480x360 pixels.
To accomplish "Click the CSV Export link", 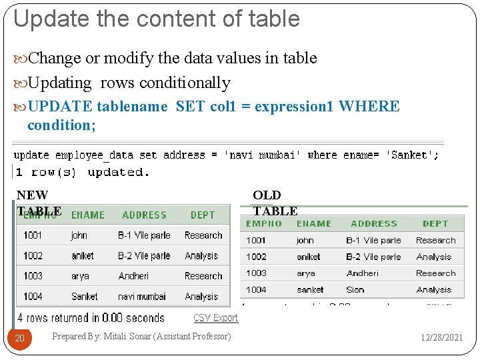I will [x=215, y=318].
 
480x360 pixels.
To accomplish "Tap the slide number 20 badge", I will [x=20, y=338].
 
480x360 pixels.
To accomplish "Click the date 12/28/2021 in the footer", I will [x=441, y=337].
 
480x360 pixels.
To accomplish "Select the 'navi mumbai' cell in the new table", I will [x=142, y=296].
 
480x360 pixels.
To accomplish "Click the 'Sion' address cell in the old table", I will [x=355, y=290].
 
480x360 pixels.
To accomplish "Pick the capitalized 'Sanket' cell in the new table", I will [x=84, y=296].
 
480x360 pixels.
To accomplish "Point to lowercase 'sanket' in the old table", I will [x=310, y=290].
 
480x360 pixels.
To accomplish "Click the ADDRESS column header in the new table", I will [x=144, y=215].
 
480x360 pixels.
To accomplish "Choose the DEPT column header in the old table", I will [x=435, y=224].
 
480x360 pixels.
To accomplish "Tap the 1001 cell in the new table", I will [x=33, y=235].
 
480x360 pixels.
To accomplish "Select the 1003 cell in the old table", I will [x=256, y=273].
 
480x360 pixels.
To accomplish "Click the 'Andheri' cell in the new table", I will [x=133, y=276].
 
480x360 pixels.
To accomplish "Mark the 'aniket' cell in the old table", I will [x=309, y=257].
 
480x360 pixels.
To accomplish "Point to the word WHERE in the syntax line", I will [x=369, y=107].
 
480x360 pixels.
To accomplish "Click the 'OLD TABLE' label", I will [x=274, y=203].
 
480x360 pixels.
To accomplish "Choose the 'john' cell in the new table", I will [x=79, y=235].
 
